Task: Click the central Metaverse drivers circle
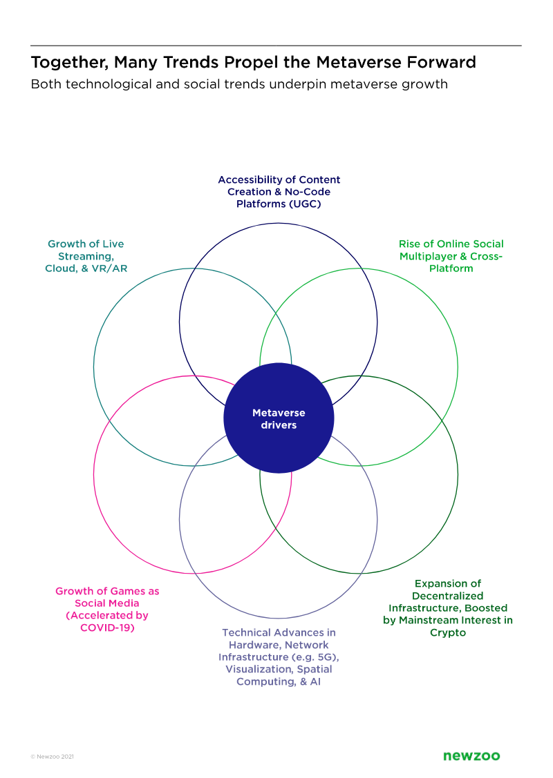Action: pos(279,418)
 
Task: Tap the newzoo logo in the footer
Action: pos(471,756)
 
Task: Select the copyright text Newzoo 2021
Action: pos(52,757)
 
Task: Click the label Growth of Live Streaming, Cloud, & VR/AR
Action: pos(86,256)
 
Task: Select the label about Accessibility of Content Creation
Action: pos(279,192)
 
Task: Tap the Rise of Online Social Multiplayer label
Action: pos(451,256)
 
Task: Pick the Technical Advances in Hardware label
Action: pos(279,657)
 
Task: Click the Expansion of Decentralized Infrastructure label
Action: pos(448,607)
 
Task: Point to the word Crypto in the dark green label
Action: pos(448,632)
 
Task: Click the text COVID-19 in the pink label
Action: pos(107,628)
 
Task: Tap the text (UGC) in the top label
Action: pos(305,204)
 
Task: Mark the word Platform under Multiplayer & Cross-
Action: pos(451,269)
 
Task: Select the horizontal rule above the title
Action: pos(276,46)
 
